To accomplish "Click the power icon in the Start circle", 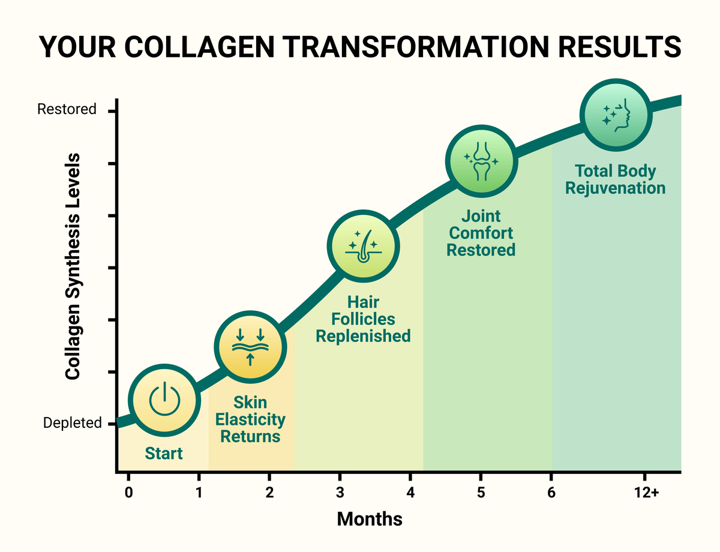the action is pos(164,398).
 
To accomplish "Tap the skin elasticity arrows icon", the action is pos(250,347).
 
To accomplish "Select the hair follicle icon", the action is pos(363,246).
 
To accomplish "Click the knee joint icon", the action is pos(481,161).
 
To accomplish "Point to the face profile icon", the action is pos(616,115).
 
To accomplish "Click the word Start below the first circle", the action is pos(164,453).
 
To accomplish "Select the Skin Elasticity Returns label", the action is pos(250,419).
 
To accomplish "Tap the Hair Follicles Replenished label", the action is pos(363,319).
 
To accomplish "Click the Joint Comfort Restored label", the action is pos(481,233).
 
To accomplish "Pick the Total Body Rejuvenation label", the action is pos(615,179).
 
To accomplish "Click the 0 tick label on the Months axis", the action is pos(128,493).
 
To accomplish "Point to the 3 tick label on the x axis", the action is pos(340,493).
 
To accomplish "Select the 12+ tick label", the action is pos(647,493).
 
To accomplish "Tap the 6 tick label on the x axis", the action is pos(551,493).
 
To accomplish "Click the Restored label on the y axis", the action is pos(67,109).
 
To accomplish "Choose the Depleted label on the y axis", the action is pos(72,423).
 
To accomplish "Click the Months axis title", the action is pos(370,519).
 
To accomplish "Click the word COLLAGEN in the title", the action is pos(199,47).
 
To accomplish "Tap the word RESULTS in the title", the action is pos(620,47).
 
